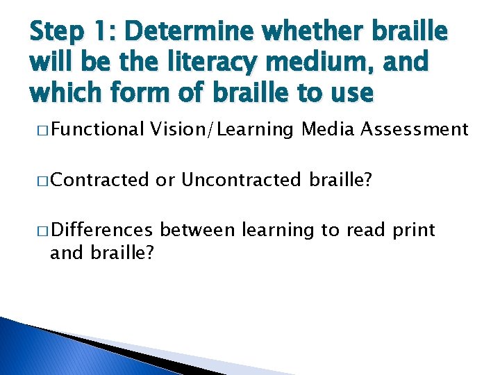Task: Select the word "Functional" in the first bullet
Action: pyautogui.click(x=97, y=128)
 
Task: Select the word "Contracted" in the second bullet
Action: pyautogui.click(x=99, y=180)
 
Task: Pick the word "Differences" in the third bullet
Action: pyautogui.click(x=101, y=230)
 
